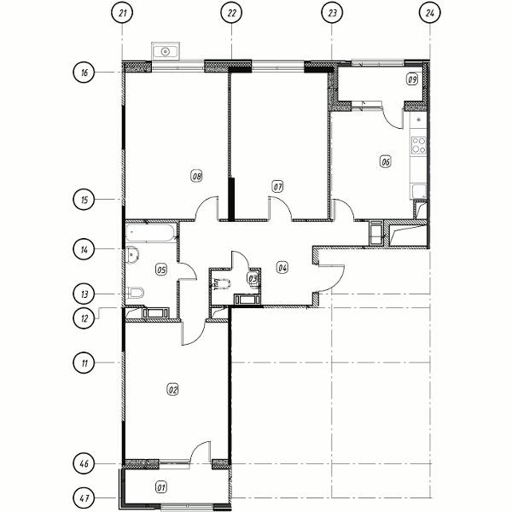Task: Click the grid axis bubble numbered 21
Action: [x=122, y=14]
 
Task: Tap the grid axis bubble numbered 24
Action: [x=430, y=14]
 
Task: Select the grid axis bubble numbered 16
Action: [x=84, y=72]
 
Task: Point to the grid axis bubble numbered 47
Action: [x=84, y=498]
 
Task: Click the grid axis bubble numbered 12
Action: [x=84, y=317]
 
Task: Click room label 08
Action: [x=196, y=177]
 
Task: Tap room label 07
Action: [x=277, y=187]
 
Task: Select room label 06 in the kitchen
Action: [x=386, y=161]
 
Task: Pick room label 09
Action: [x=412, y=79]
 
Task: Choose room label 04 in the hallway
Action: [x=282, y=268]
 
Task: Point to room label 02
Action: [x=172, y=390]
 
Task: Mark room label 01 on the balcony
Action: [x=160, y=488]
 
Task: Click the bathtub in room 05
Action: [x=151, y=232]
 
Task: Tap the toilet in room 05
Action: [x=135, y=293]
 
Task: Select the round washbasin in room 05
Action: [x=132, y=254]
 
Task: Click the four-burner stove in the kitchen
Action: [x=419, y=145]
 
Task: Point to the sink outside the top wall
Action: [x=166, y=51]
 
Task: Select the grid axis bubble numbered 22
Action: [x=231, y=14]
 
